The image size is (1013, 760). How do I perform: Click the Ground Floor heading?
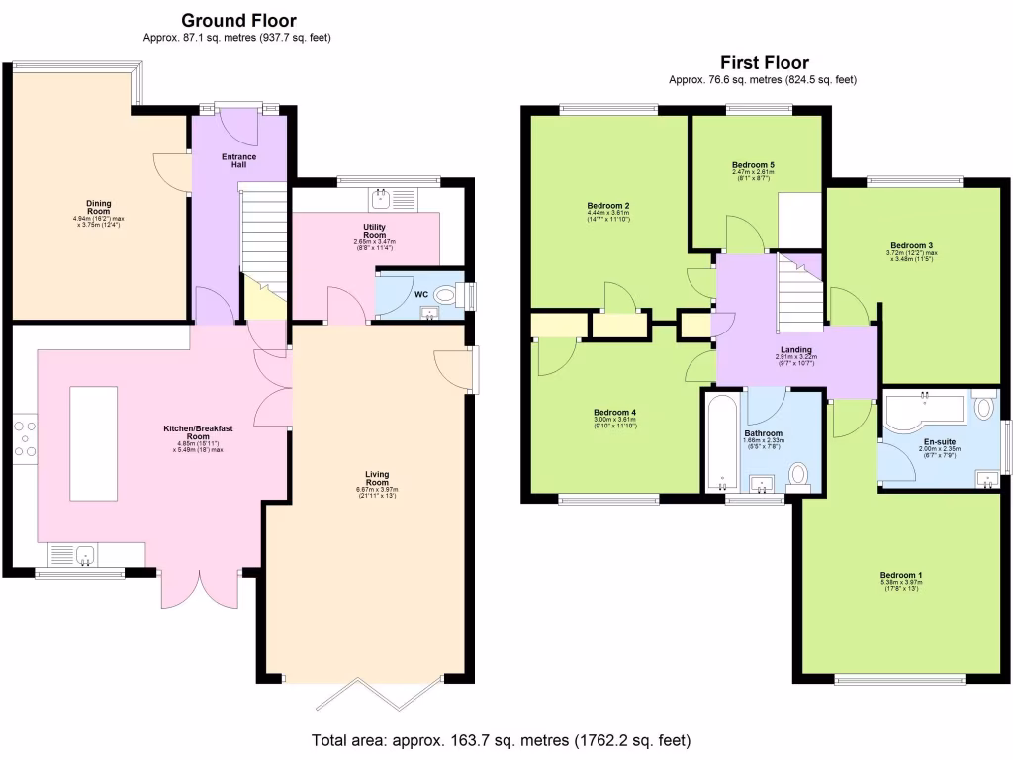point(237,20)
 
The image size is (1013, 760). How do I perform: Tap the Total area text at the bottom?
point(501,740)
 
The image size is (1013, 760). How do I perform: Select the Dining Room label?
point(98,205)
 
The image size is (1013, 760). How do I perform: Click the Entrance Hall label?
point(238,160)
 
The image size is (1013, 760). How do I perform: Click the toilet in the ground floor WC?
point(447,294)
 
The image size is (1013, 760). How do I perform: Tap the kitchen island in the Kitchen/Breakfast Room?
point(93,443)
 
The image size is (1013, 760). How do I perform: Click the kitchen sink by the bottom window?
point(84,555)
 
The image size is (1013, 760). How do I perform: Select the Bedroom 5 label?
point(754,164)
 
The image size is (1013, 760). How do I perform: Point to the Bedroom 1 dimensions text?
point(900,586)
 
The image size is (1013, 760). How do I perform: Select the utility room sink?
point(380,199)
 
